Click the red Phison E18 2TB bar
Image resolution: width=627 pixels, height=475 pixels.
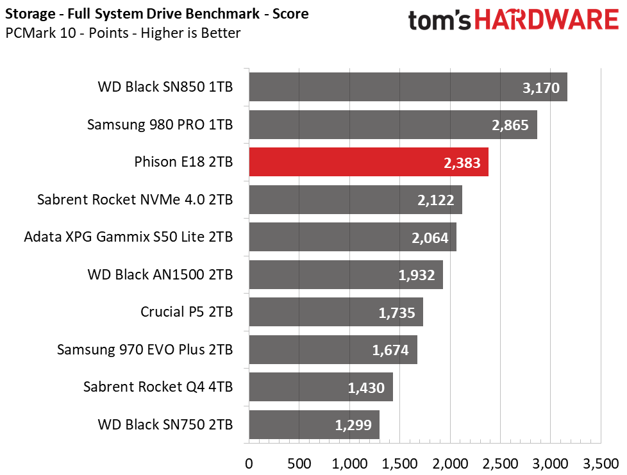(x=368, y=162)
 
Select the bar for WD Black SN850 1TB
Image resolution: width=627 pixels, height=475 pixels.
(x=408, y=87)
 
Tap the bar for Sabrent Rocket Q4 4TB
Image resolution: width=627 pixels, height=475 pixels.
(x=321, y=387)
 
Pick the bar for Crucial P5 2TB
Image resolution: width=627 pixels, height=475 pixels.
(x=335, y=312)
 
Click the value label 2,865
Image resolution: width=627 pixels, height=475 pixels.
(x=510, y=125)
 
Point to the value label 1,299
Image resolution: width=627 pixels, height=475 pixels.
(x=353, y=424)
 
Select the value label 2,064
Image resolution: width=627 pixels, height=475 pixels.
(x=430, y=238)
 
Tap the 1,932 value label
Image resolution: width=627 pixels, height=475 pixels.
(x=416, y=275)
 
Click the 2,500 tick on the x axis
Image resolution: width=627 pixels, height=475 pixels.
(x=500, y=462)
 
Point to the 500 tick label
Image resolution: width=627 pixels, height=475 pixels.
(x=299, y=462)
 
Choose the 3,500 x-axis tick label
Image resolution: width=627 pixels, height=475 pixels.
(x=600, y=462)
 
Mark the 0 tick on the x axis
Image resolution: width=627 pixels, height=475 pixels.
(x=249, y=462)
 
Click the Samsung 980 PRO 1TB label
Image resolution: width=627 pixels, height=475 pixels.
(x=160, y=125)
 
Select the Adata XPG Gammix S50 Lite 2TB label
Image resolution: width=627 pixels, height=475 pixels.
(x=128, y=237)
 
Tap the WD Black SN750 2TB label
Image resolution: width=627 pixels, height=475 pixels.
(x=165, y=424)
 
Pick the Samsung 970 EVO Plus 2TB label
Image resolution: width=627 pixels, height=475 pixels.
(x=144, y=350)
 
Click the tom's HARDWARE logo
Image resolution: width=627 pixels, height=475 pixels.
(x=514, y=21)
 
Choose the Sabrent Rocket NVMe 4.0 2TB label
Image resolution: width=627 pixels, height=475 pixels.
(x=135, y=200)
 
